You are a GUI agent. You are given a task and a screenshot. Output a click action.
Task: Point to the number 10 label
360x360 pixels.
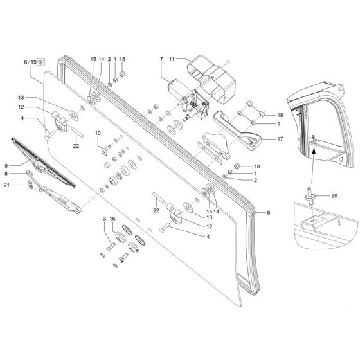coord(99,134)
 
